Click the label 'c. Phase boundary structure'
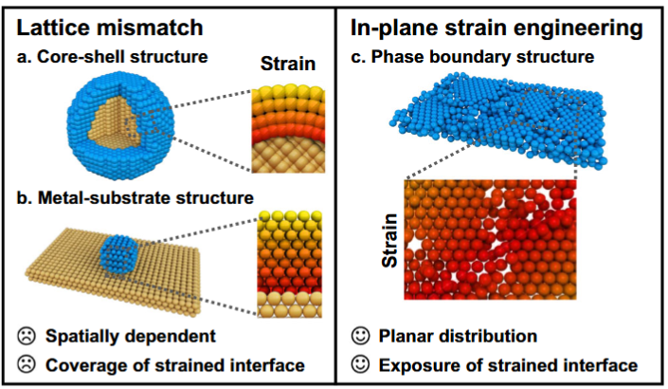471,56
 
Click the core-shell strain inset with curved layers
288,127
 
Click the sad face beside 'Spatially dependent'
25,337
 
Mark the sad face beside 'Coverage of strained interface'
25,362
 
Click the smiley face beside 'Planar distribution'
357,337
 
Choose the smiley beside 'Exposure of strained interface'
357,364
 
